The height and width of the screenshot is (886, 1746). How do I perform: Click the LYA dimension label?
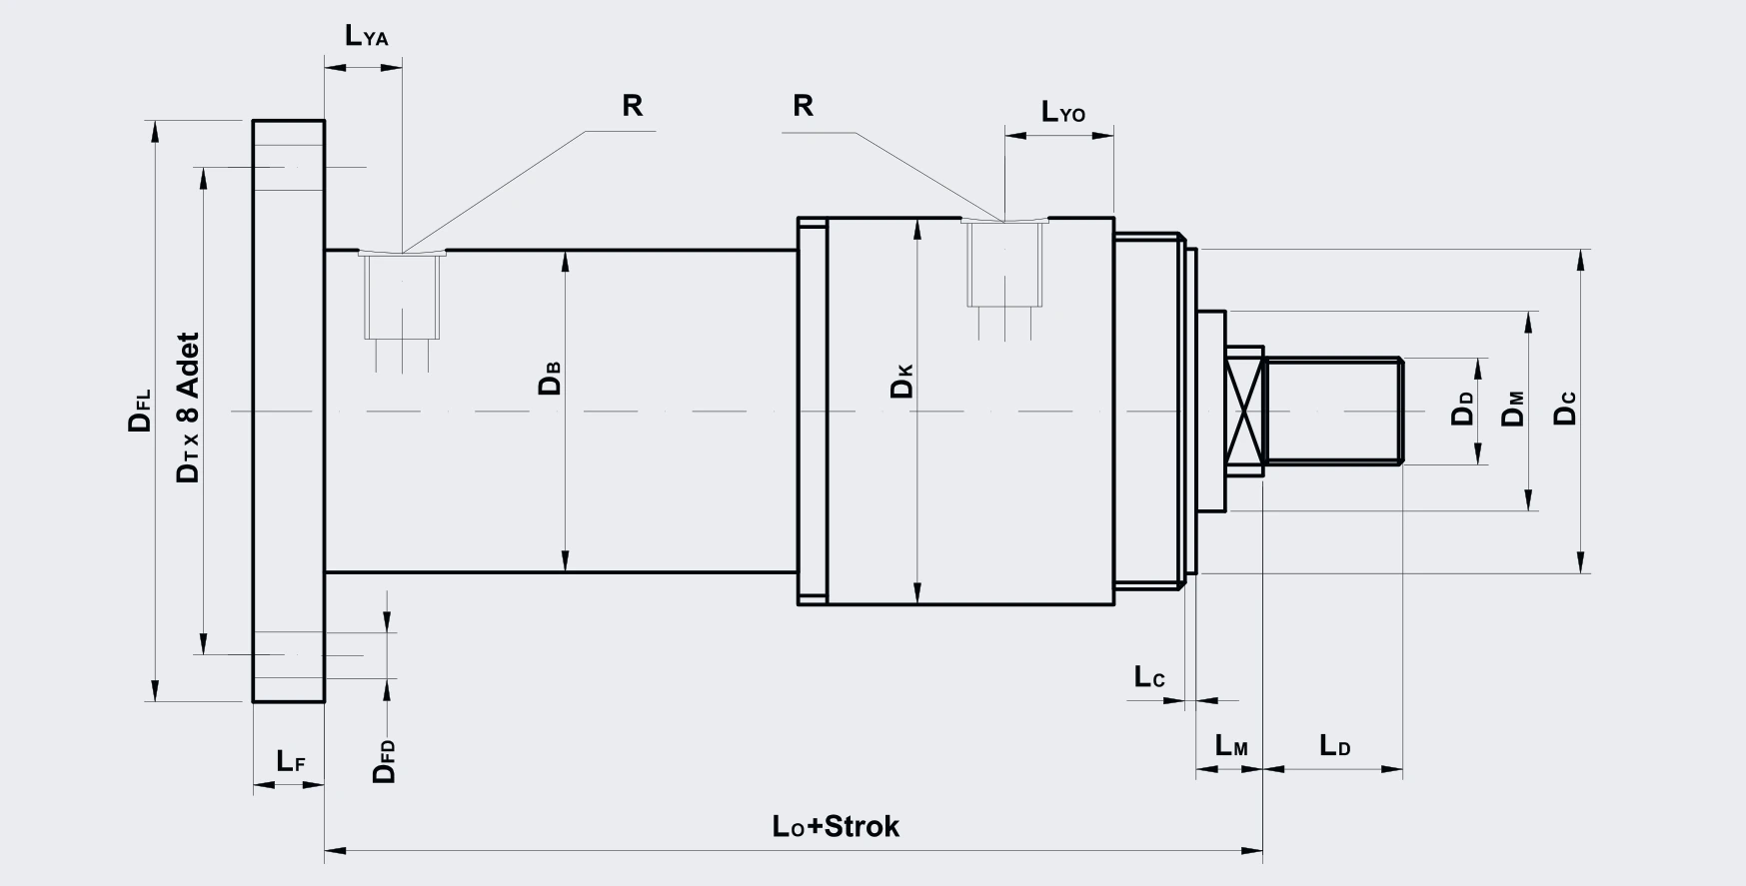point(366,36)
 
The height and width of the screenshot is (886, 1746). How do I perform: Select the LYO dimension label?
point(1063,111)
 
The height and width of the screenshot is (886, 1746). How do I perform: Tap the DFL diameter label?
point(140,411)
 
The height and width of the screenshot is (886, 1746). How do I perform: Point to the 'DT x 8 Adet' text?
point(188,409)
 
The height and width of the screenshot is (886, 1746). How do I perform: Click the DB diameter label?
point(550,377)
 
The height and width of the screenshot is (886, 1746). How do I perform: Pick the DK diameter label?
point(901,382)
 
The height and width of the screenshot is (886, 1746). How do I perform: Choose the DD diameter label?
point(1463,409)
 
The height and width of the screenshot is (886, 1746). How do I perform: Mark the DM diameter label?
point(1514,409)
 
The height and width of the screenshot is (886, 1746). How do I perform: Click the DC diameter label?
point(1565,409)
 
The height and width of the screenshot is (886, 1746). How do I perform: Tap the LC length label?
point(1149,677)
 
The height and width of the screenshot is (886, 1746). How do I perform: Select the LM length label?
point(1231,745)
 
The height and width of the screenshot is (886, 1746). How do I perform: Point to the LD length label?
point(1335,745)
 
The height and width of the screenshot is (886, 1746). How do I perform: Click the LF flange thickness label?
point(291,761)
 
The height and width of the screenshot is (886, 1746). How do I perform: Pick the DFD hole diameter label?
point(385,762)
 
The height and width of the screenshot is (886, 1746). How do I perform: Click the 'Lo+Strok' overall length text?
point(836,826)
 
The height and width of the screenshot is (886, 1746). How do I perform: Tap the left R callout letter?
point(632,106)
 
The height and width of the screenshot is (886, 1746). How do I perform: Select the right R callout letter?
point(803,106)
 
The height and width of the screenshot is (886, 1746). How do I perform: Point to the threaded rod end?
point(1333,411)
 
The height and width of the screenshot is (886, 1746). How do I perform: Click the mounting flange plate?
point(289,411)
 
